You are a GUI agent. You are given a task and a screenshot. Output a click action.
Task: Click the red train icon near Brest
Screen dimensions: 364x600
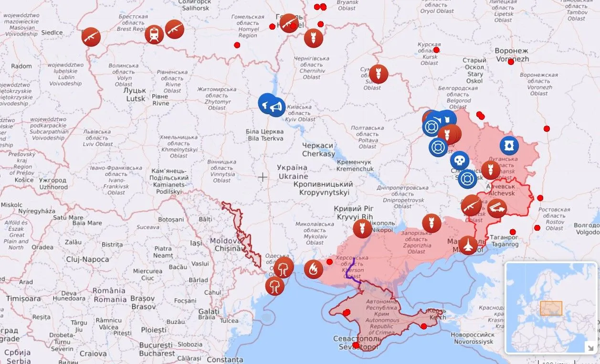coord(154,34)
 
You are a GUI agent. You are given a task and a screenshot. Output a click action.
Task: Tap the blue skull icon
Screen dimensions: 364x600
coord(459,161)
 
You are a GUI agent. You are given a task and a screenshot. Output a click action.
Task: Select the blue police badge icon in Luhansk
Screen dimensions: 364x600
coord(509,146)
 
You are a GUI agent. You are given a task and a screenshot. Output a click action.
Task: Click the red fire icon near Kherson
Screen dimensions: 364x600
coord(313,269)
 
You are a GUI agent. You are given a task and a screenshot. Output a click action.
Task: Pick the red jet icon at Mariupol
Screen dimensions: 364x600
coord(468,245)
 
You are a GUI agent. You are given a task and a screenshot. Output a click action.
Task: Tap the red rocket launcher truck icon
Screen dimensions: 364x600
coord(497,208)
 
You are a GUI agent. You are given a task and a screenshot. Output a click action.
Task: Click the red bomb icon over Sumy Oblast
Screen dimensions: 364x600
coord(379,74)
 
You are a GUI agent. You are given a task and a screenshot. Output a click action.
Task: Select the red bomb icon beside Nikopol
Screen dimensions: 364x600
coord(362,228)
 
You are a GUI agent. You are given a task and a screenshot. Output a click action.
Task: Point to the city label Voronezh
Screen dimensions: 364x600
coord(511,55)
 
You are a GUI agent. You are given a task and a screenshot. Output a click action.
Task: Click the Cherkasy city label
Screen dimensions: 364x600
coord(318,150)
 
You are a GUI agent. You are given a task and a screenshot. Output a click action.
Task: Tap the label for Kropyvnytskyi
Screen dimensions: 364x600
coord(323,188)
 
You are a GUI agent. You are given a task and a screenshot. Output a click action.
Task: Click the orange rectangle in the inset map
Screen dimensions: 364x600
coord(551,308)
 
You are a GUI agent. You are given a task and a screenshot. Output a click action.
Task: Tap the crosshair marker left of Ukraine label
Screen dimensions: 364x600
coord(263,177)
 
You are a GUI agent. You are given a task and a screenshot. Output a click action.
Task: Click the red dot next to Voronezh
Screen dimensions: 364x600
coord(511,62)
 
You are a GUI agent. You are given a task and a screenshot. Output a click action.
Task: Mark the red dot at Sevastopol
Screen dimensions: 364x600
coord(356,345)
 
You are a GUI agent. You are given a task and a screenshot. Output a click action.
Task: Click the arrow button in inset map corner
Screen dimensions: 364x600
coord(590,347)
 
